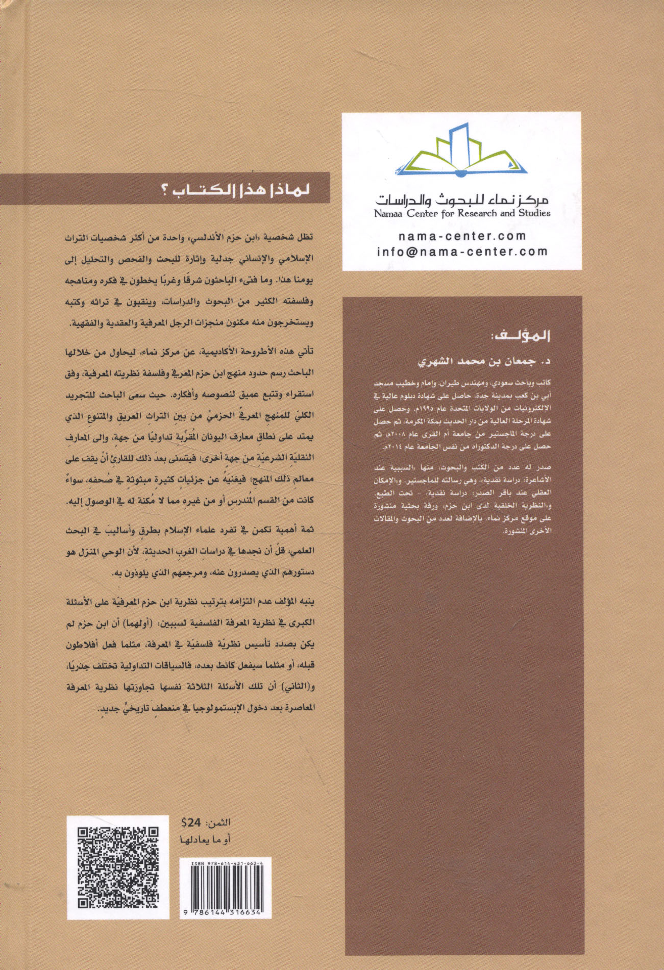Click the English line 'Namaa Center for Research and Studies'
click(x=462, y=213)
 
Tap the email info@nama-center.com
click(x=462, y=251)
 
